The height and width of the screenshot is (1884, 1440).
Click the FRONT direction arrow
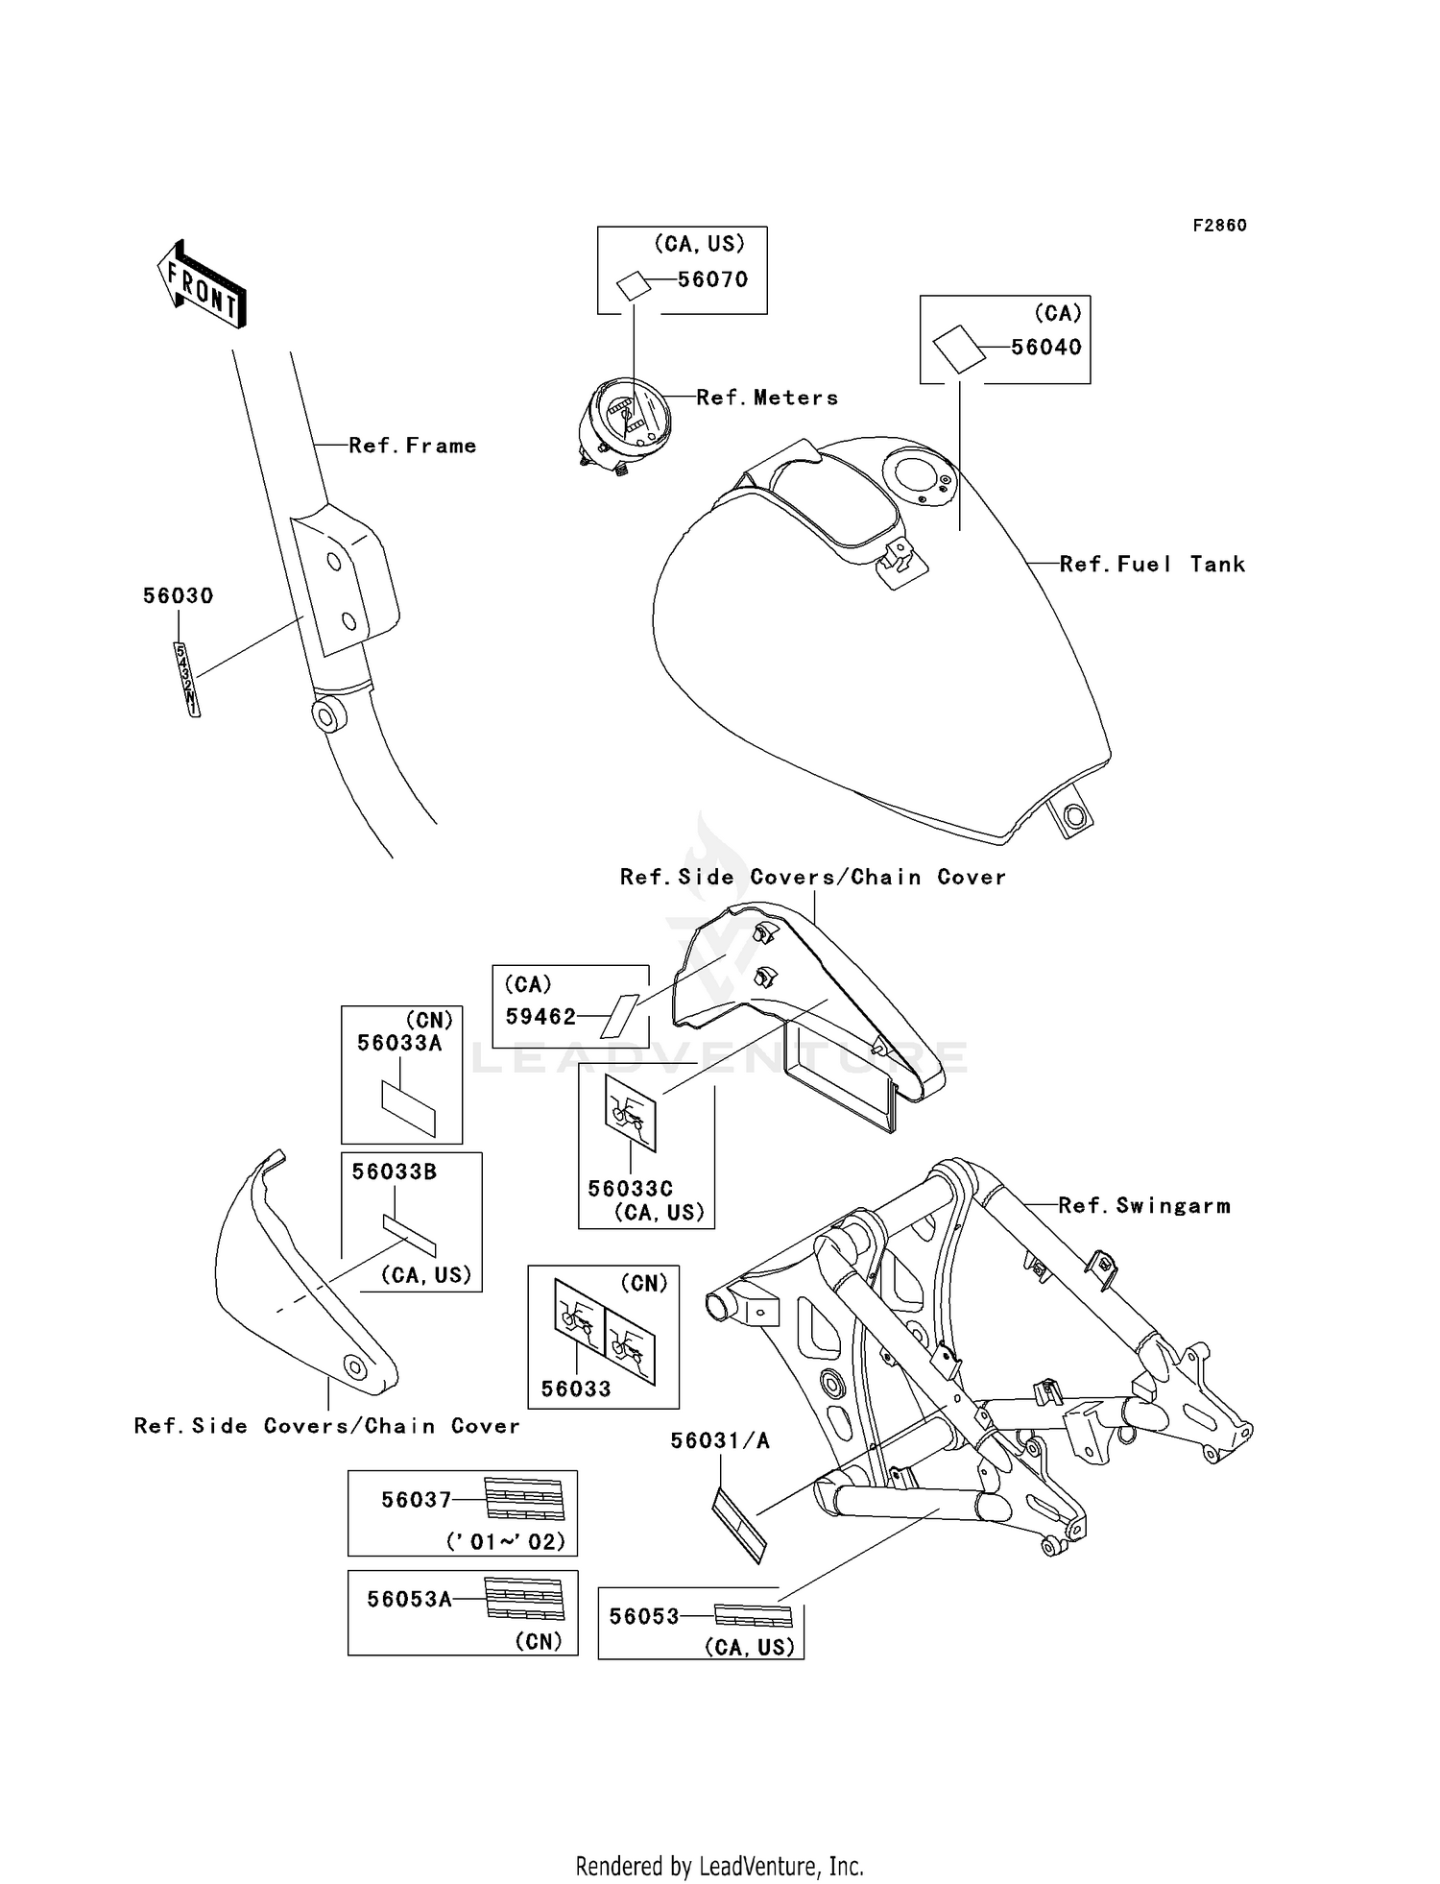click(x=202, y=283)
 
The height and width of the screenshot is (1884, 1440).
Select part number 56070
click(x=712, y=279)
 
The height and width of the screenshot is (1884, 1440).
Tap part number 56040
click(x=1046, y=348)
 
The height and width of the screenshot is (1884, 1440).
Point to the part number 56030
click(x=179, y=596)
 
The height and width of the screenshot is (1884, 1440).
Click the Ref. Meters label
click(x=767, y=398)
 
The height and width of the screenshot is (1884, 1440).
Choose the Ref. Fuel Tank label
click(x=1152, y=565)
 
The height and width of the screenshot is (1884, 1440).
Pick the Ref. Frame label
click(x=413, y=446)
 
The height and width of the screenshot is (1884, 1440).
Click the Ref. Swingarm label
click(x=1144, y=1205)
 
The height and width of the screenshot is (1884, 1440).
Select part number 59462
click(x=541, y=1017)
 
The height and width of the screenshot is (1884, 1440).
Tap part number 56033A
click(x=399, y=1043)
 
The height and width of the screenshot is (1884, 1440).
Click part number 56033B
click(x=395, y=1171)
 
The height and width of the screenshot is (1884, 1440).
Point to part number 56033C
click(x=631, y=1188)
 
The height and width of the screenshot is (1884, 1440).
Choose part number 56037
click(x=417, y=1500)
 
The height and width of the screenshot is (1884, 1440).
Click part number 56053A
click(x=410, y=1599)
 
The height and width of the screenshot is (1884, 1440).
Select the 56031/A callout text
click(x=720, y=1440)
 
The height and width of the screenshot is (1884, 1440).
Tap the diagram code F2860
click(x=1220, y=226)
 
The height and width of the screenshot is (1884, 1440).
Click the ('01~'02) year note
click(x=506, y=1542)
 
